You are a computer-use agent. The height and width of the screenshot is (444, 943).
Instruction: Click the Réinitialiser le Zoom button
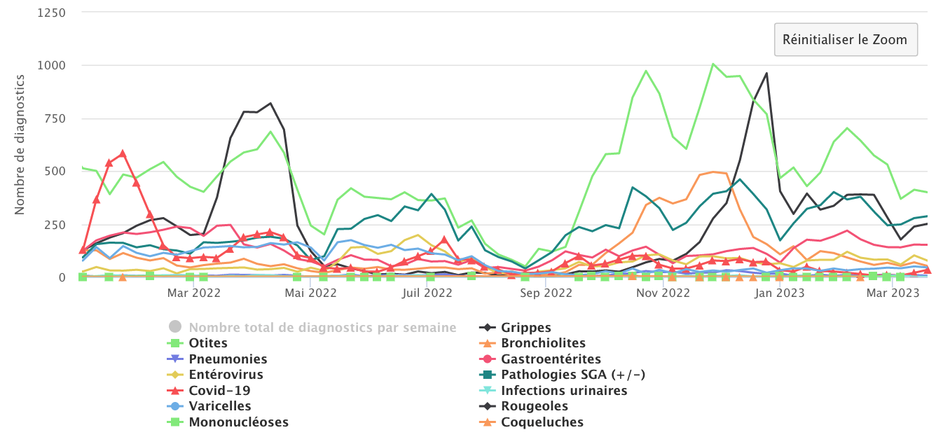point(845,39)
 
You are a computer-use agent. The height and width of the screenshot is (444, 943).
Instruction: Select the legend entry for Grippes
point(525,328)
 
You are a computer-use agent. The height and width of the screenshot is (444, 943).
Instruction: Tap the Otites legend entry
point(208,343)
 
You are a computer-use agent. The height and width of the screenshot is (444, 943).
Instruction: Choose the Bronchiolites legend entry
point(543,343)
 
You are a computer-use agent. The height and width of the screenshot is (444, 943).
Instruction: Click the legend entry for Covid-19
point(219,391)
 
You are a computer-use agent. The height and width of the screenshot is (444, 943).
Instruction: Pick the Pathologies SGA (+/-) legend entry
point(573,375)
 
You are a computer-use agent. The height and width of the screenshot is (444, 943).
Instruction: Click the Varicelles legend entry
point(219,406)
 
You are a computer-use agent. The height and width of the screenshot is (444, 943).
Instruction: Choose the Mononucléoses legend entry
point(238,422)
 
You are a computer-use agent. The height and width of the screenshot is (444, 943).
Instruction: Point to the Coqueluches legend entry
point(542,422)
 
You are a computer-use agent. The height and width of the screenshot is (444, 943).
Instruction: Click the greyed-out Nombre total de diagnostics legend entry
point(322,328)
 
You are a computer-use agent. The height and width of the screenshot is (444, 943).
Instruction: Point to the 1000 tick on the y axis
point(53,66)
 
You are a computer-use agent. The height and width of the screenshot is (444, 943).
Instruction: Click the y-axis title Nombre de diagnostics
point(20,145)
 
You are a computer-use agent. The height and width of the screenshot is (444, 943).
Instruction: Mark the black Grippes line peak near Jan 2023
point(766,73)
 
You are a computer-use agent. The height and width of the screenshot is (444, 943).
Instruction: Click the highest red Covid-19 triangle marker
point(123,153)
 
